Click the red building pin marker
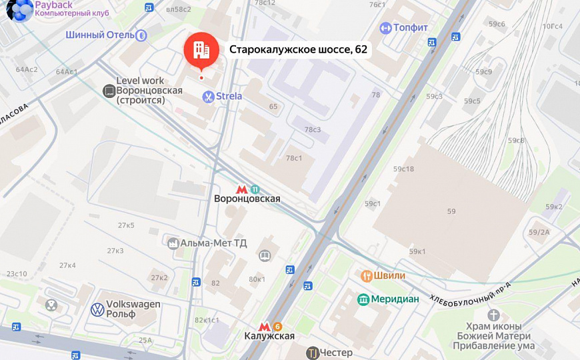coord(201,49)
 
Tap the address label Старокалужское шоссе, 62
coord(298,49)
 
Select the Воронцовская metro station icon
coord(242,189)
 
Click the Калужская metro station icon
coord(265,326)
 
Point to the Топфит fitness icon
coord(385,28)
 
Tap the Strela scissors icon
coord(208,96)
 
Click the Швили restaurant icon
coord(366,275)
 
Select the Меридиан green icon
coord(363,299)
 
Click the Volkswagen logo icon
coord(97,309)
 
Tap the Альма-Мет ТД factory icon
coord(174,243)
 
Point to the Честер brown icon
coord(311,353)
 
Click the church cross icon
coord(494,315)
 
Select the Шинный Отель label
coord(100,35)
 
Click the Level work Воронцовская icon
coord(109,91)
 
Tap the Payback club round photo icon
coord(19,10)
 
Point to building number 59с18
coord(403,169)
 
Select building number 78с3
coord(313,129)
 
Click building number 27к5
coord(126,225)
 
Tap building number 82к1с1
coord(207,320)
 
